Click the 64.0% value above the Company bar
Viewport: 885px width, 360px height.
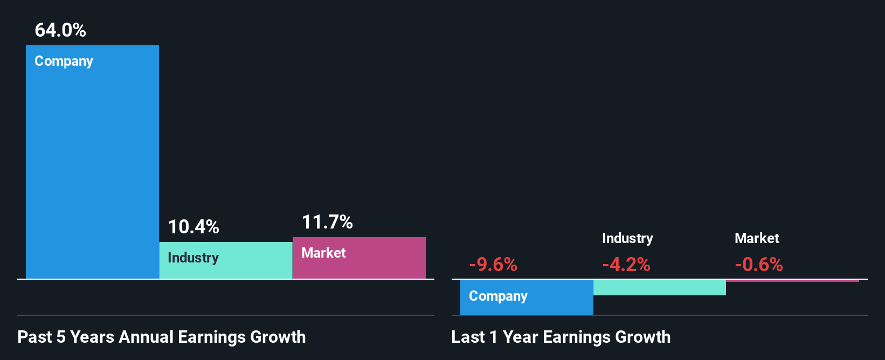coord(60,30)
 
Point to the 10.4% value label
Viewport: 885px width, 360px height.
coord(193,227)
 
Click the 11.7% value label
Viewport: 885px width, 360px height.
coord(327,222)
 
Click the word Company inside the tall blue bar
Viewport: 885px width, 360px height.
coord(64,61)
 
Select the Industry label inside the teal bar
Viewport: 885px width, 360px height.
coord(193,258)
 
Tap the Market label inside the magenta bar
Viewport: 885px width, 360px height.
coord(323,253)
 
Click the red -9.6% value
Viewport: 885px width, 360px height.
coord(493,265)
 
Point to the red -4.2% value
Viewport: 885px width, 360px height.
coord(626,265)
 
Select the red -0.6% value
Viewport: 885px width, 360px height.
coord(759,265)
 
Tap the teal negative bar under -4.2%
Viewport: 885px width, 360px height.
coord(659,287)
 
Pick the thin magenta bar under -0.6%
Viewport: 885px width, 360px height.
coord(792,280)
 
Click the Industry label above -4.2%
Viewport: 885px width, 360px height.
coord(627,238)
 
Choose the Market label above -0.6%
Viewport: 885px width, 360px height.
coord(757,238)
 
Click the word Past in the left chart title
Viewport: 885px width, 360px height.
coord(34,337)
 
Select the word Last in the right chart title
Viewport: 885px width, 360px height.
coord(468,337)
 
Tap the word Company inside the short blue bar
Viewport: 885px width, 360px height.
coord(498,296)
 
